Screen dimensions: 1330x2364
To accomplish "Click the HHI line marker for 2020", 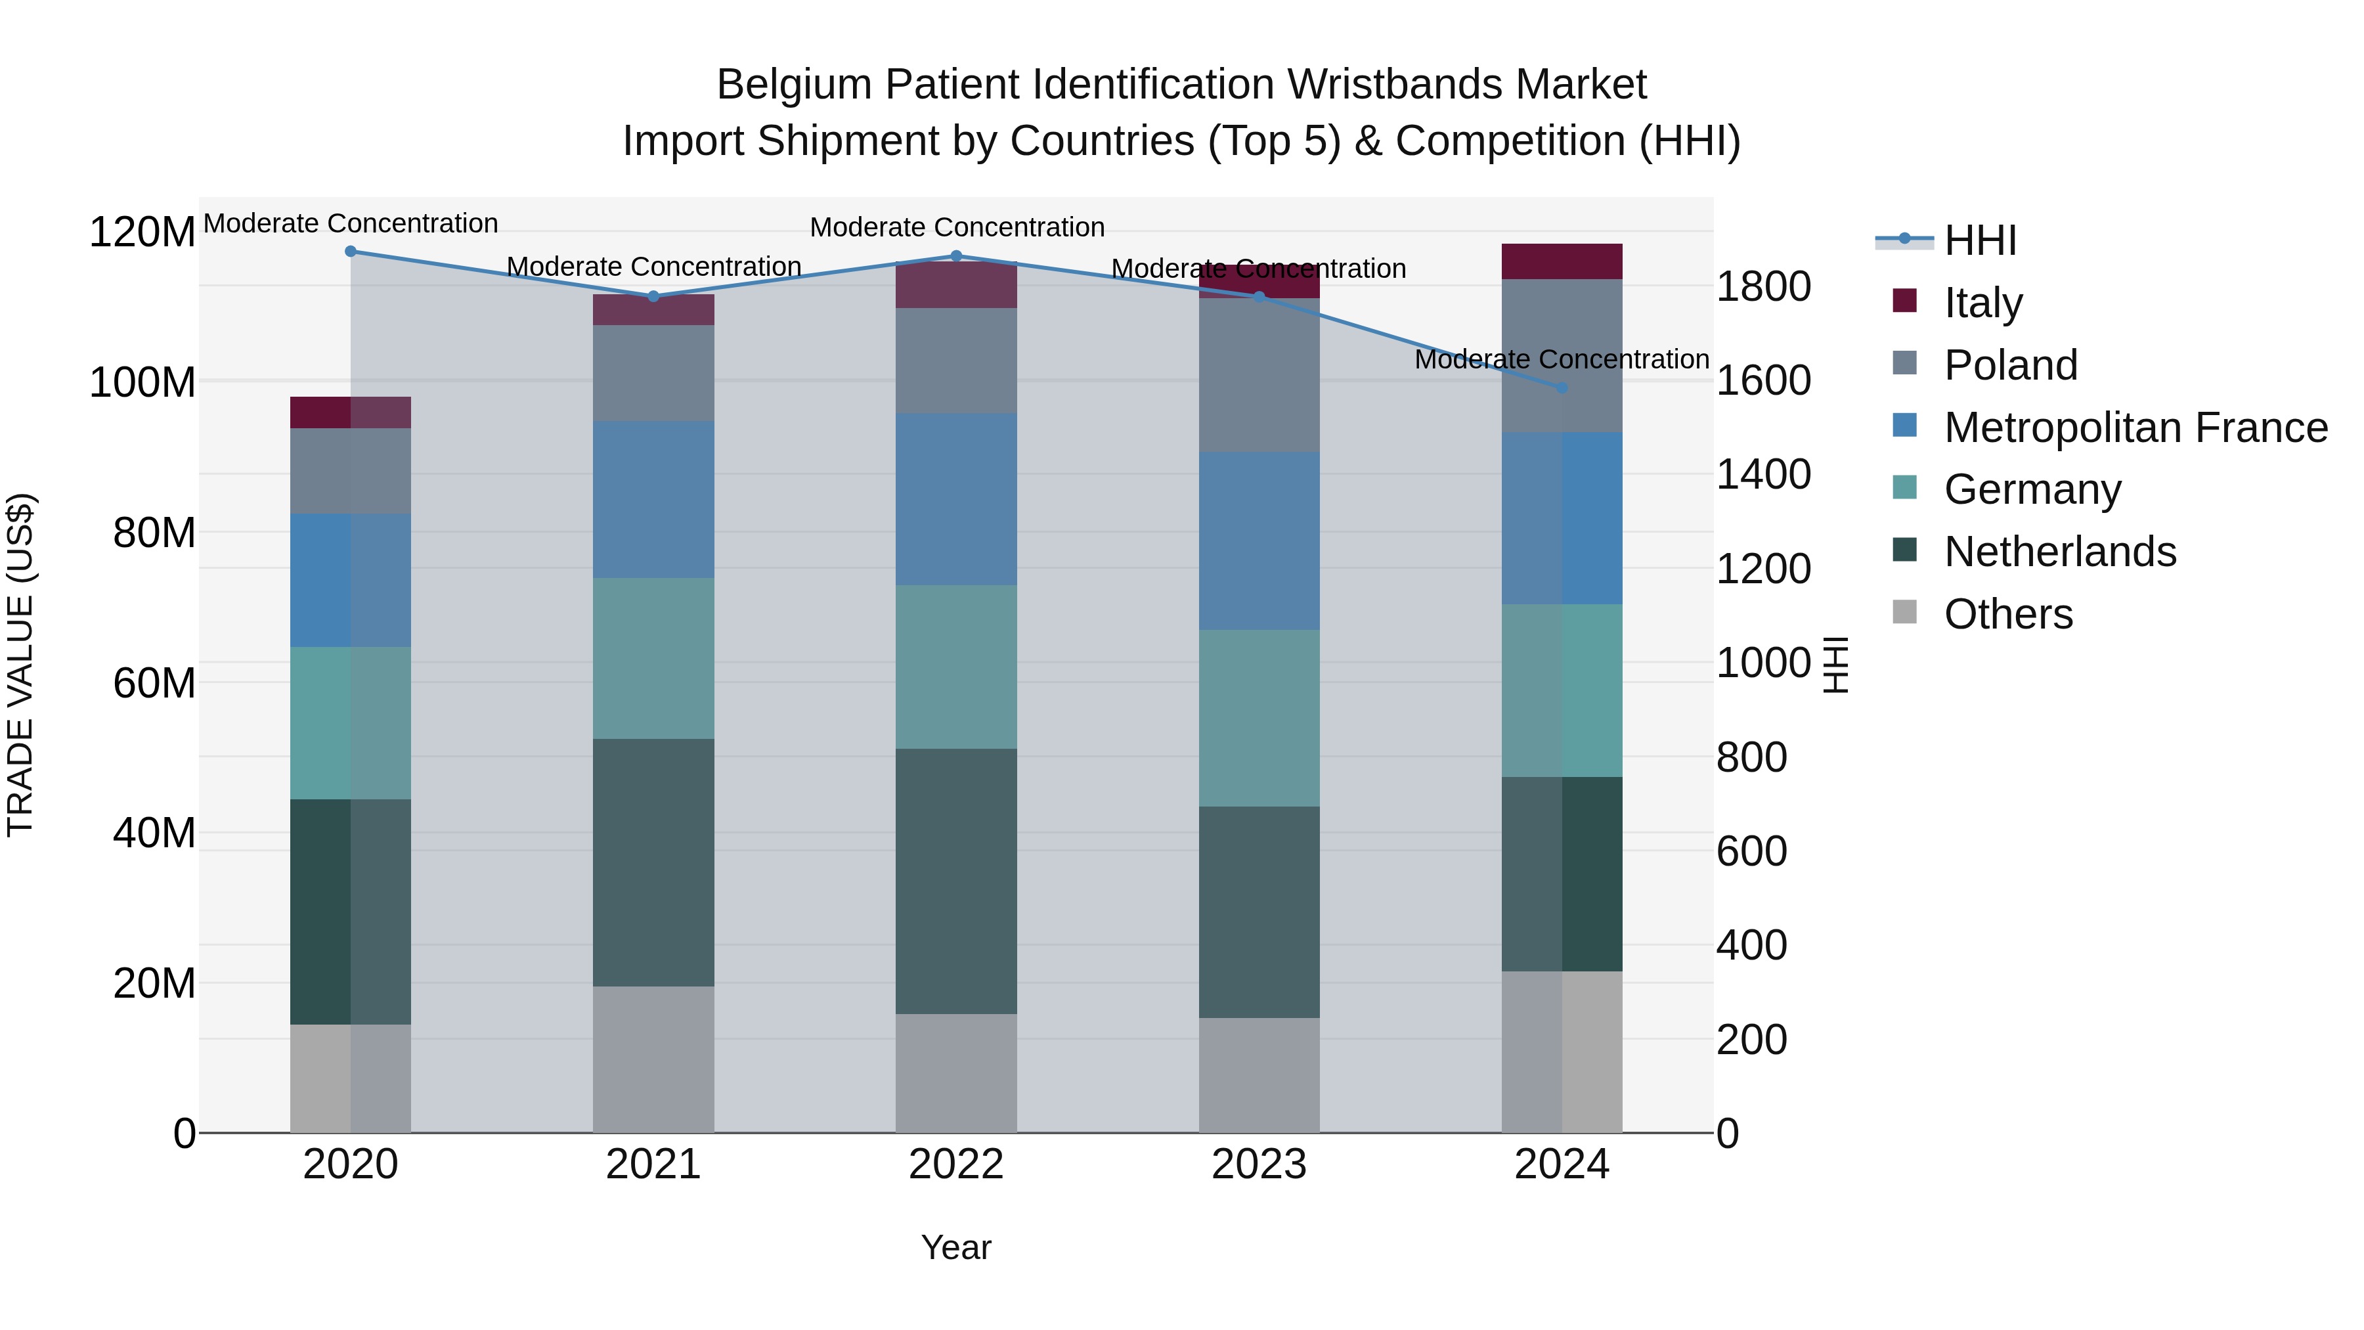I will point(351,252).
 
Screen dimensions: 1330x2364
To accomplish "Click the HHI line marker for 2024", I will point(1563,388).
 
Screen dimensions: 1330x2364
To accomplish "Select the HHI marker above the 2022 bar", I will point(956,256).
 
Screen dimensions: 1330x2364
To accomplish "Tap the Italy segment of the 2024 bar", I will point(1562,261).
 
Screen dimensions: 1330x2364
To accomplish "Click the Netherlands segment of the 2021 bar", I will point(653,863).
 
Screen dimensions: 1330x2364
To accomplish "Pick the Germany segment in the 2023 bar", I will point(1259,718).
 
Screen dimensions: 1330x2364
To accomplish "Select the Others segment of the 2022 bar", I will point(956,1073).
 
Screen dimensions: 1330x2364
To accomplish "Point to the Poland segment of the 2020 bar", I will point(351,471).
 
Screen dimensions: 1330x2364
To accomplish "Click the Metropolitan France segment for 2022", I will point(956,499).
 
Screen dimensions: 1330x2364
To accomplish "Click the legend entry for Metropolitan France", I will point(2135,428).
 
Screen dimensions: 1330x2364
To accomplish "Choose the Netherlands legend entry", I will point(2059,552).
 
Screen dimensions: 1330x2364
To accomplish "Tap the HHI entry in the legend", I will point(1981,240).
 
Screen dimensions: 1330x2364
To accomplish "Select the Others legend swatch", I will point(1905,612).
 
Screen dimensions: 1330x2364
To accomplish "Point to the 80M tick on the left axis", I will point(154,533).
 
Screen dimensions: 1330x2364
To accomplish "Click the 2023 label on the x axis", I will point(1259,1164).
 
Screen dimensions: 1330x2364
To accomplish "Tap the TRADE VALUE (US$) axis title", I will point(21,665).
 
